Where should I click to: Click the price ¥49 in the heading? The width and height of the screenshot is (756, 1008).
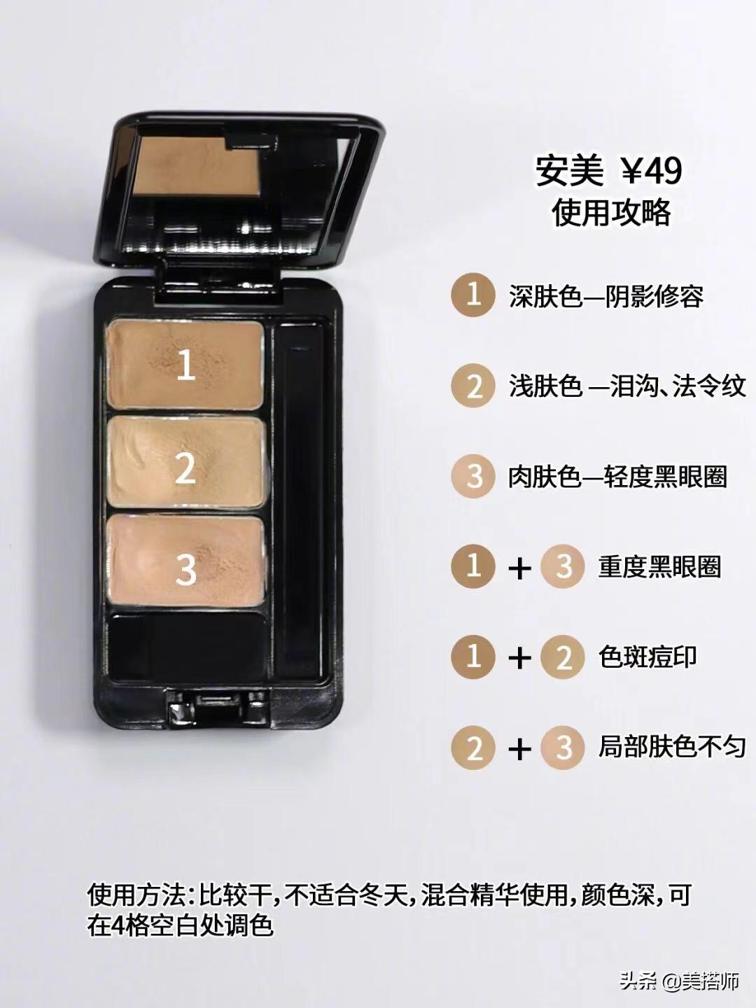[651, 171]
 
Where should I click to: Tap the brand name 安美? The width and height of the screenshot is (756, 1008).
[569, 171]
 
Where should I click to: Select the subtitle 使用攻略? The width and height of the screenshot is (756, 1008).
[611, 213]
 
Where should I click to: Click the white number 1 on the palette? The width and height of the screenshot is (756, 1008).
[186, 365]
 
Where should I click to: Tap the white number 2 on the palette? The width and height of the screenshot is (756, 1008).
[185, 468]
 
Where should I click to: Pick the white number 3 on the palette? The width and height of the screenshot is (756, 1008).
[186, 569]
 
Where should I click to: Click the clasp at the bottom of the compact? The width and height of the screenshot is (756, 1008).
[215, 708]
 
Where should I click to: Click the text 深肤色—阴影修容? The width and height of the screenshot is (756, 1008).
[606, 297]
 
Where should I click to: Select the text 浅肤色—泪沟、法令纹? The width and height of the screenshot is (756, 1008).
[627, 386]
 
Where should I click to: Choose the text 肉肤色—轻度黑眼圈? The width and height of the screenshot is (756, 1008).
[617, 476]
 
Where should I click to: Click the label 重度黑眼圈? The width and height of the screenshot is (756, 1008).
[659, 566]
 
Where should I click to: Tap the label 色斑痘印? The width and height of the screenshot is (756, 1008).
[647, 657]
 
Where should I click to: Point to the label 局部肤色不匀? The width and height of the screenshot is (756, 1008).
[671, 747]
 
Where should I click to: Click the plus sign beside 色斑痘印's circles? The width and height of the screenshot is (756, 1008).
[520, 659]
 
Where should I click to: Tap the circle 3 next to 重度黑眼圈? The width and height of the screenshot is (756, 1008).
[563, 566]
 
